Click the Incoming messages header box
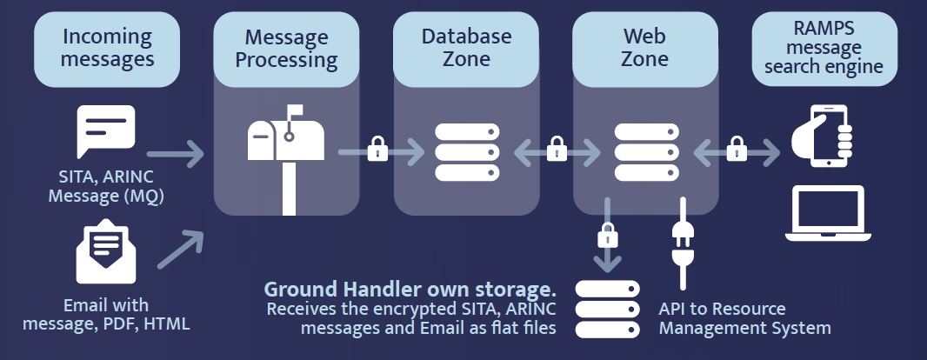pyautogui.click(x=108, y=48)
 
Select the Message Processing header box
pyautogui.click(x=286, y=49)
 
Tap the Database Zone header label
pyautogui.click(x=466, y=48)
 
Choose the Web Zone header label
pyautogui.click(x=645, y=48)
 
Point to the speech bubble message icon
pyautogui.click(x=106, y=131)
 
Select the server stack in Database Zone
pyautogui.click(x=466, y=153)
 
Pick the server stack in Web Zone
pyautogui.click(x=645, y=153)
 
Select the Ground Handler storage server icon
pyautogui.click(x=606, y=308)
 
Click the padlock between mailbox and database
pyautogui.click(x=377, y=150)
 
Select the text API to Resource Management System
pyautogui.click(x=744, y=318)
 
